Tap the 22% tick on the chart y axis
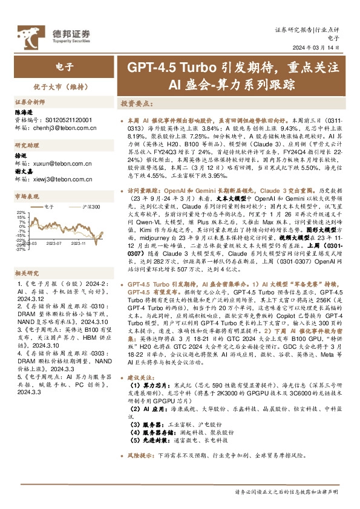pos(21,213)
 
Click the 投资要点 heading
pos(136,104)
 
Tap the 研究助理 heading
pos(27,145)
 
